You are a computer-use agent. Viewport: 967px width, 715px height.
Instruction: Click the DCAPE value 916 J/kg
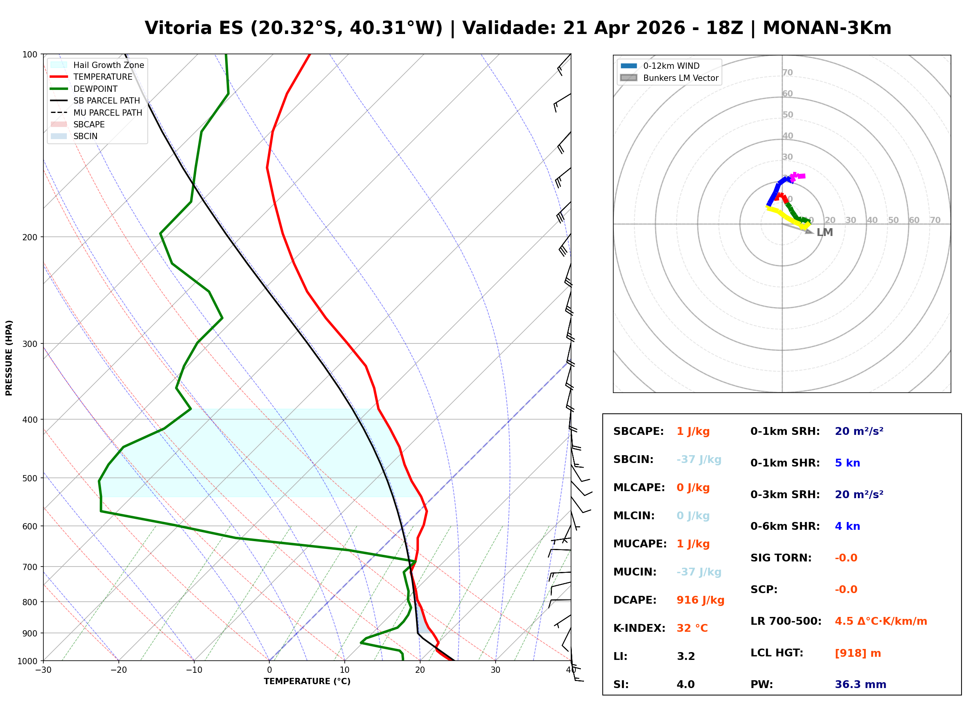[700, 600]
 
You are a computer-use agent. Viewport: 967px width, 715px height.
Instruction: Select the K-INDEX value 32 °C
[692, 628]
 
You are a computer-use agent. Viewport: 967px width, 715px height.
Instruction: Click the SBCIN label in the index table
[633, 459]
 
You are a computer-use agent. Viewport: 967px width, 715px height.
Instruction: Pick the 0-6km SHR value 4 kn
[847, 526]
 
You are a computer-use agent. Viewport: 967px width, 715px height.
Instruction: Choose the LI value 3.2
[686, 656]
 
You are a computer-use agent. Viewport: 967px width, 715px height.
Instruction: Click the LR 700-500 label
[786, 621]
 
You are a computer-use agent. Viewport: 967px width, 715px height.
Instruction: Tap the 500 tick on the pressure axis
[29, 478]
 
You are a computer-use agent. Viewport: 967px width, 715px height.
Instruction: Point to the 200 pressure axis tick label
[29, 237]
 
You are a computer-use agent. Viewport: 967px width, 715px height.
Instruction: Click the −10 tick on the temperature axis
[193, 670]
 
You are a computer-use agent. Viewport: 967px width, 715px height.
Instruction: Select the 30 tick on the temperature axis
[495, 670]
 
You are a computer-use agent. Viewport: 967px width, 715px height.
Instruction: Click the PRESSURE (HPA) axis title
[9, 357]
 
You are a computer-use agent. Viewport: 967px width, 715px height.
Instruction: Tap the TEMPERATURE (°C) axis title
[307, 681]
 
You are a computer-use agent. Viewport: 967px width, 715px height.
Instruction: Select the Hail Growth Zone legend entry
[108, 65]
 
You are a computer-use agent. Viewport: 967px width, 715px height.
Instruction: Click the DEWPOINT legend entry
[95, 89]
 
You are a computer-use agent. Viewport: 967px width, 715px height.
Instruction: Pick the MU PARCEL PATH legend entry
[107, 113]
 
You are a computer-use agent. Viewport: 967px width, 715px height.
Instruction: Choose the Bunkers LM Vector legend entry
[680, 78]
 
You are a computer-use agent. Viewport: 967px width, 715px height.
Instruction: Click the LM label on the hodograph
[824, 232]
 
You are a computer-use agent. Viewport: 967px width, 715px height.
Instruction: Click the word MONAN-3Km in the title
[827, 28]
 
